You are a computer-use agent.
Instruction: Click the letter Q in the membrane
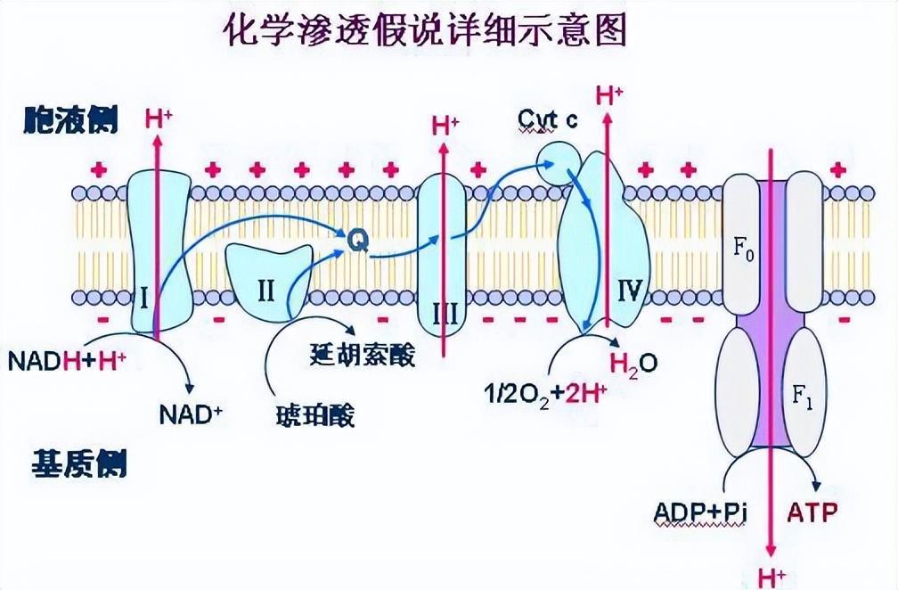point(355,240)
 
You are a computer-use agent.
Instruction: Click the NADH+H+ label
point(67,361)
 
